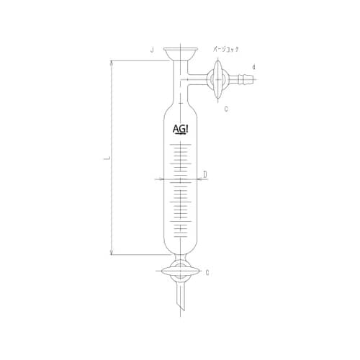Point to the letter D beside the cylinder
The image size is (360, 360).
coord(205,174)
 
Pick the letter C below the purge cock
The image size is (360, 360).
coord(226,108)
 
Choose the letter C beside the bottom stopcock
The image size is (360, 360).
coord(207,272)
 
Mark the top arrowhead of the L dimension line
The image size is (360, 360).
coord(112,63)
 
